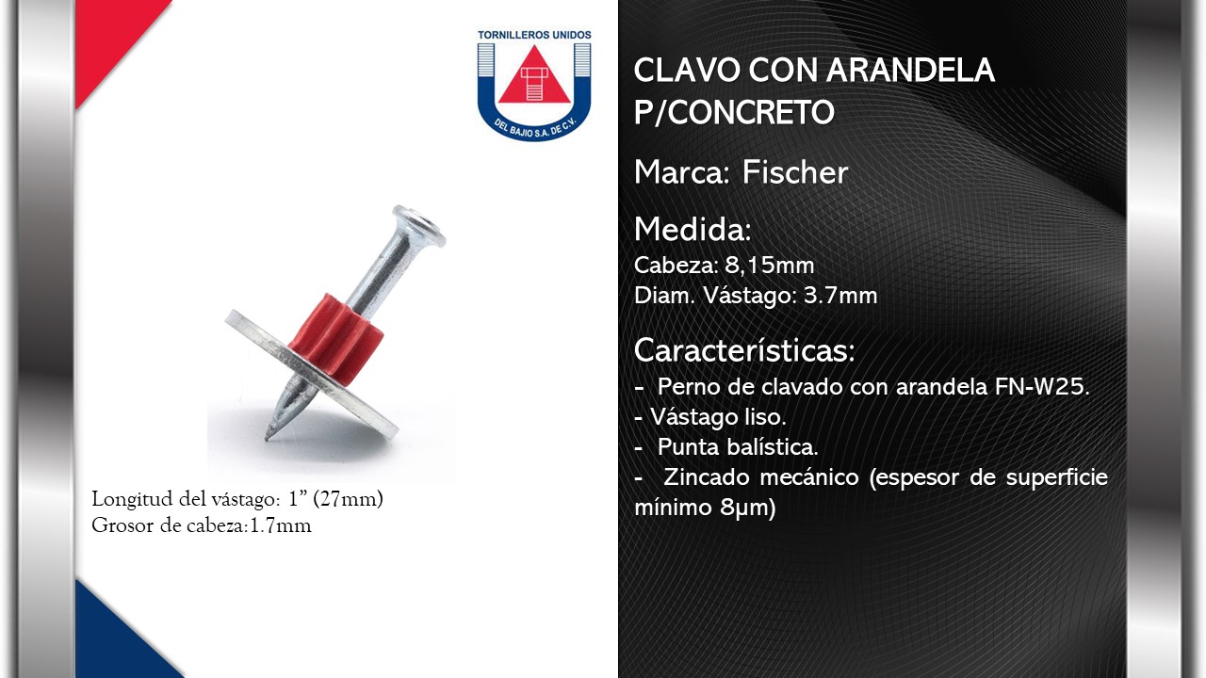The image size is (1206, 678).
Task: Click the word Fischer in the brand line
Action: point(794,172)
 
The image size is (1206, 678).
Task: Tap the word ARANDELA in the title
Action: point(910,70)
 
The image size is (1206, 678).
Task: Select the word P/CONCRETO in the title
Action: point(734,112)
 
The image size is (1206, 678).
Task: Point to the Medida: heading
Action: point(693,229)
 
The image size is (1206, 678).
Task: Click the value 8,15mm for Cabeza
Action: point(770,266)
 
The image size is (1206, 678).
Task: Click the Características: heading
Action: point(744,350)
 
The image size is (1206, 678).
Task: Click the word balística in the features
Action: point(772,447)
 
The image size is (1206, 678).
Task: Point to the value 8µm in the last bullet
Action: point(748,508)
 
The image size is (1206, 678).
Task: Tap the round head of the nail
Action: point(419,225)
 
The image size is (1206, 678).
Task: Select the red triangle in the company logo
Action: point(534,78)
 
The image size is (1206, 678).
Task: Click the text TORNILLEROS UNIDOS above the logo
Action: point(534,35)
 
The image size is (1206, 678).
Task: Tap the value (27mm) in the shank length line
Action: point(348,499)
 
